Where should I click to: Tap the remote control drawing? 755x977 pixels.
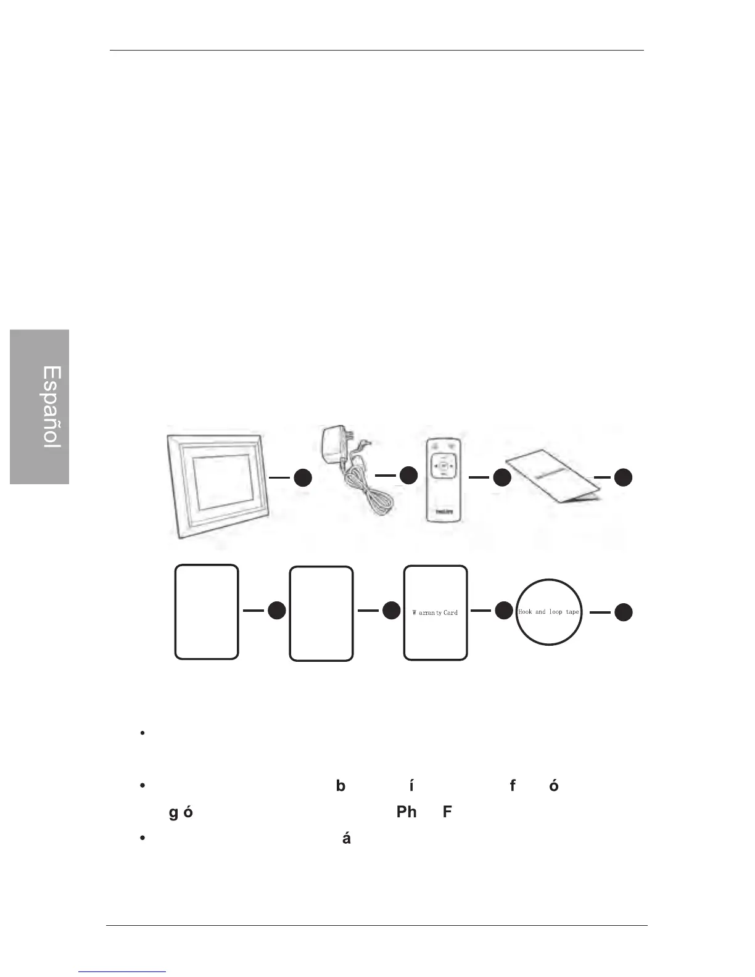[x=444, y=481]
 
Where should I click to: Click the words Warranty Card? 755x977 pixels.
[x=435, y=612]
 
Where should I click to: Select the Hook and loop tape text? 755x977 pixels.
[x=548, y=612]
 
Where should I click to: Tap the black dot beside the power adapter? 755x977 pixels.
[x=408, y=475]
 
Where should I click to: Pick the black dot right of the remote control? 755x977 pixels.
[x=502, y=477]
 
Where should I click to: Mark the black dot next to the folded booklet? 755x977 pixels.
[x=624, y=477]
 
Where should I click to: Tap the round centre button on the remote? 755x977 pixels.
[x=444, y=466]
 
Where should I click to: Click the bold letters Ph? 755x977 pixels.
[x=406, y=811]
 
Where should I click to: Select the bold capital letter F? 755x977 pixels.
[x=447, y=811]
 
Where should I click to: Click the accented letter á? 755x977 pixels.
[x=346, y=838]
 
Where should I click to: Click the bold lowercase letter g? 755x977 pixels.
[x=173, y=813]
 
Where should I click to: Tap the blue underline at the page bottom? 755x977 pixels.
[x=123, y=971]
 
